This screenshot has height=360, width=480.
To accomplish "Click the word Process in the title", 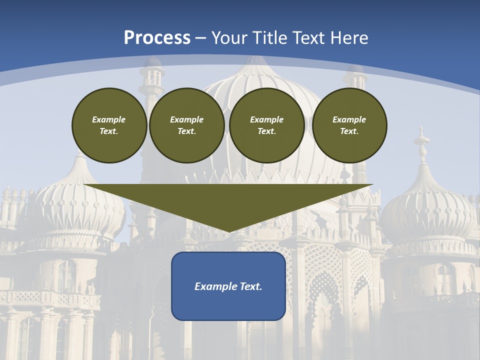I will click(x=157, y=38).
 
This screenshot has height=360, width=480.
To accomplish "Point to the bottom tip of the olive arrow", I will click(x=228, y=231).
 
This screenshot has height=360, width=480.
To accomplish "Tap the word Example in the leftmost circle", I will click(x=109, y=119).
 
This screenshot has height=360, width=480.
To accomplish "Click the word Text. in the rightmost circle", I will click(x=349, y=131).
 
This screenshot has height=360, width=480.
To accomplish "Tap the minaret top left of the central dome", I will click(x=151, y=80).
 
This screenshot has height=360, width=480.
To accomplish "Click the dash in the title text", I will click(x=201, y=38).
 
